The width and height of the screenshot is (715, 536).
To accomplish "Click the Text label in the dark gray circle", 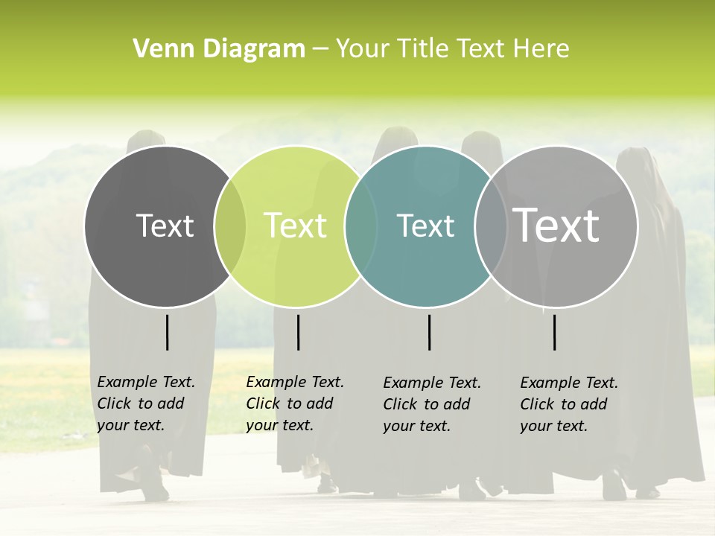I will [165, 226].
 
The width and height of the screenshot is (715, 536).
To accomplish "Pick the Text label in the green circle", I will [296, 226].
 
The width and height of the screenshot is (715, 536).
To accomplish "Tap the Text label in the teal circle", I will [425, 226].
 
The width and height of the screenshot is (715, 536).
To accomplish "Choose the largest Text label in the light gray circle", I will [556, 226].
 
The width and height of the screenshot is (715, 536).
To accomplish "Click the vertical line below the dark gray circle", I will [167, 332].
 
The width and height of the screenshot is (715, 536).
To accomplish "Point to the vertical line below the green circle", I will [298, 332].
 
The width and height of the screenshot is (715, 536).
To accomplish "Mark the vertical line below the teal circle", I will [429, 332].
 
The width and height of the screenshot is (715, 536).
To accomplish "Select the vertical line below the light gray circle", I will [555, 332].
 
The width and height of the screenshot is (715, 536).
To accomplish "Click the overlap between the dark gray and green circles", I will [230, 226].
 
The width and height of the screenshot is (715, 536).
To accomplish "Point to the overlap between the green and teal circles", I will [361, 226].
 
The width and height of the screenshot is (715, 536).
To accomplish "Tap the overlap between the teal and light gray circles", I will [491, 226].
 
